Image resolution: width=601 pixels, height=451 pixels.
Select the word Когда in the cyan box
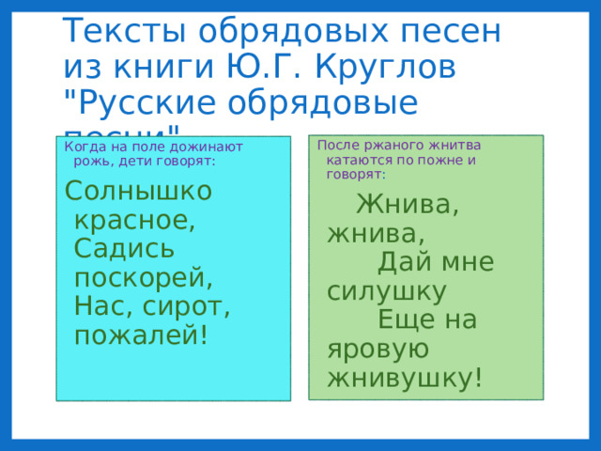[83, 147]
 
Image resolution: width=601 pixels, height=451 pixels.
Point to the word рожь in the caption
[92, 161]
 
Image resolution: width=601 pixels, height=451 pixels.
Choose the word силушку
[386, 290]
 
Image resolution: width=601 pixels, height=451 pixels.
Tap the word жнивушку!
[406, 378]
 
